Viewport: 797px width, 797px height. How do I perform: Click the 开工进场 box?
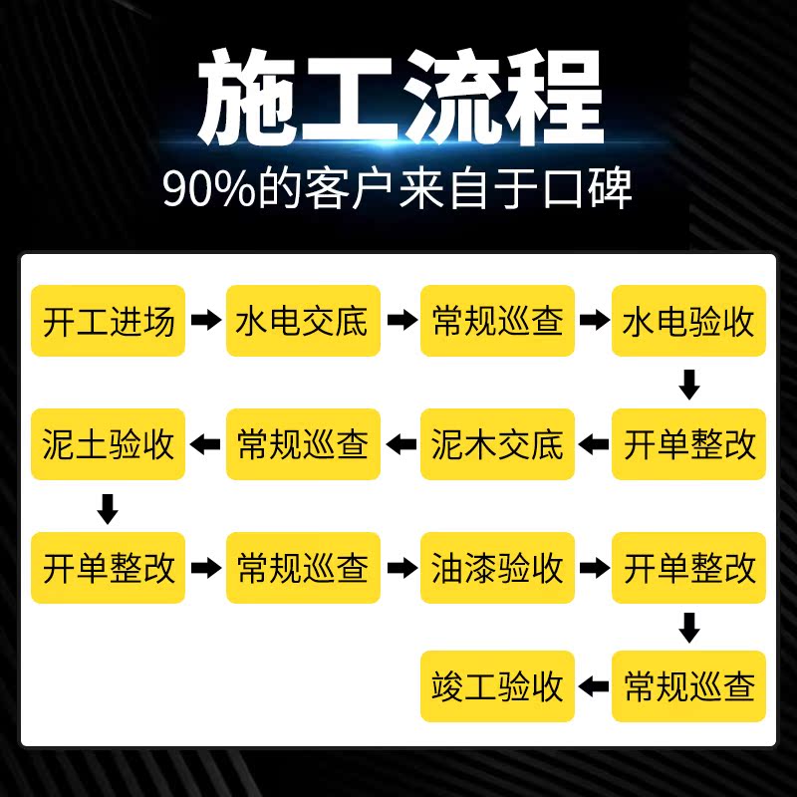[x=108, y=321]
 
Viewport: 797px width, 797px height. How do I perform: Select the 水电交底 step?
[x=303, y=321]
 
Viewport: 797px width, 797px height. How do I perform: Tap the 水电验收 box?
[x=688, y=321]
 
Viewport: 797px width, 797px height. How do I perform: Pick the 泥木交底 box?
[x=497, y=444]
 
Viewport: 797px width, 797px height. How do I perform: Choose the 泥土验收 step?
[x=108, y=444]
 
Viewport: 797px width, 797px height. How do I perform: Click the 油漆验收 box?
[x=497, y=568]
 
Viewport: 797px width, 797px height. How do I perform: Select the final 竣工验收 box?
[x=497, y=686]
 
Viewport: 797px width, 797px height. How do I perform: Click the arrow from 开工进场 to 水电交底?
[x=206, y=320]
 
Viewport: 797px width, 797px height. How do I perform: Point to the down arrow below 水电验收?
[x=689, y=385]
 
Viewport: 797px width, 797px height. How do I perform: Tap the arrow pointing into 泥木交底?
[x=593, y=444]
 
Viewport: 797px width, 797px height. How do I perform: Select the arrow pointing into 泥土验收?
[x=205, y=444]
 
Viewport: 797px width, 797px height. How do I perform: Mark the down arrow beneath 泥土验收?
[x=108, y=509]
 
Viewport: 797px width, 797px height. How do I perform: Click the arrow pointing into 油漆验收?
[x=402, y=568]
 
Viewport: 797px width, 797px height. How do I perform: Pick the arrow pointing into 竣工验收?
[x=593, y=686]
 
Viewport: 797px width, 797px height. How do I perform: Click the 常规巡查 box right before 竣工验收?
[x=688, y=686]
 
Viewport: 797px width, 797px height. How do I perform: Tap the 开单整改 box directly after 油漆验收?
[x=688, y=568]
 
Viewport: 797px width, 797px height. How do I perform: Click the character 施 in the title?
[x=247, y=97]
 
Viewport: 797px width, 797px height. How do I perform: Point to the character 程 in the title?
[x=554, y=97]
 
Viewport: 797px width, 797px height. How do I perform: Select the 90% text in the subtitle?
[x=209, y=189]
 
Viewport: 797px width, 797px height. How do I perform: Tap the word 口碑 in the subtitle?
[x=588, y=188]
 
